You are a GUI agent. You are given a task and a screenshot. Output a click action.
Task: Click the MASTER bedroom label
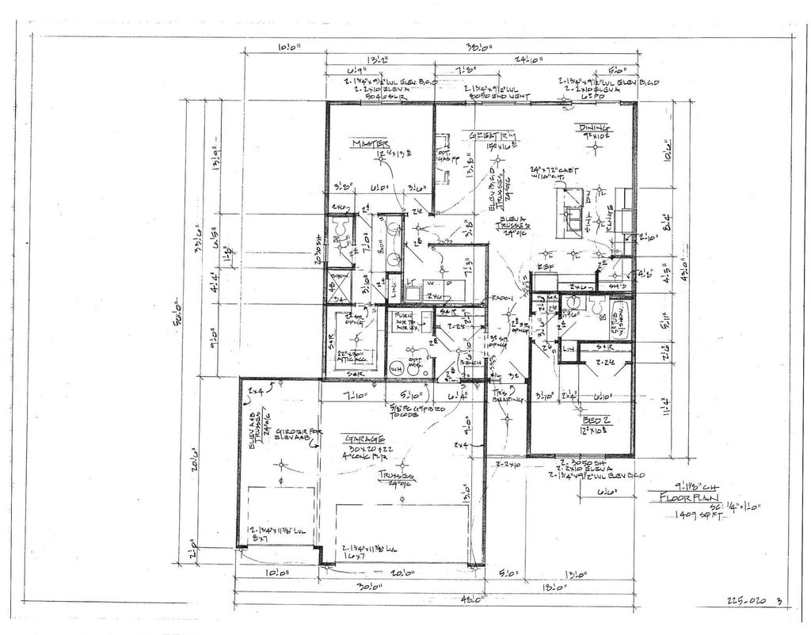point(370,143)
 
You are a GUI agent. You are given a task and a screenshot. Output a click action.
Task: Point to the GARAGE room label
point(364,439)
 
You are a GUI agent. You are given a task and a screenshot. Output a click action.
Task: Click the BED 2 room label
point(595,420)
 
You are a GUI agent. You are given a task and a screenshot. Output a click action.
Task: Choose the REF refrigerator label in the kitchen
point(545,268)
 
